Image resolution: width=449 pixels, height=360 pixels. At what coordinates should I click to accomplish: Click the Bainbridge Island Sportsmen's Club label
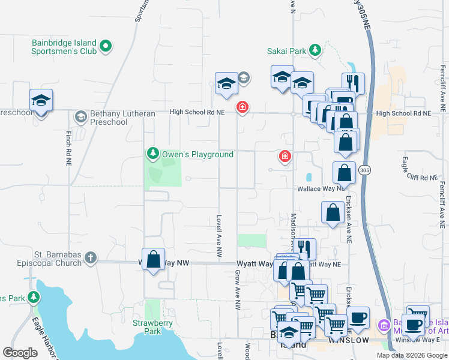64,47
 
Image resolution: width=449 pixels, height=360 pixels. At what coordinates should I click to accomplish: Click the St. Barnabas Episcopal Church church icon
90,257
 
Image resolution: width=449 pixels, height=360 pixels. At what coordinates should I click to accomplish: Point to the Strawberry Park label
153,327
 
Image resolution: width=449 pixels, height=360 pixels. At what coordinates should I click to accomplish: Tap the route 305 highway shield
364,171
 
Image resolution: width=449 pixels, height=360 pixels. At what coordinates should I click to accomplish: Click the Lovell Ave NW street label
220,238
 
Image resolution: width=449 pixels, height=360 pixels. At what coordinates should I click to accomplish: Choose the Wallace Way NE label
321,188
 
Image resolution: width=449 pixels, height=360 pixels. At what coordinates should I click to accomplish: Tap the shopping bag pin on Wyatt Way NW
154,259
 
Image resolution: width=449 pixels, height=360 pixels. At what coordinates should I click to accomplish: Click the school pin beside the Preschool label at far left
41,100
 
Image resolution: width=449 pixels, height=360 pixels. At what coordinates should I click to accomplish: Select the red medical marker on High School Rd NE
242,108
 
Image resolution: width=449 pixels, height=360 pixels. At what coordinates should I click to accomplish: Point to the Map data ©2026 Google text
411,355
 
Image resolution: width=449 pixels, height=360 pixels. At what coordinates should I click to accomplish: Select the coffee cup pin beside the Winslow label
358,317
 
